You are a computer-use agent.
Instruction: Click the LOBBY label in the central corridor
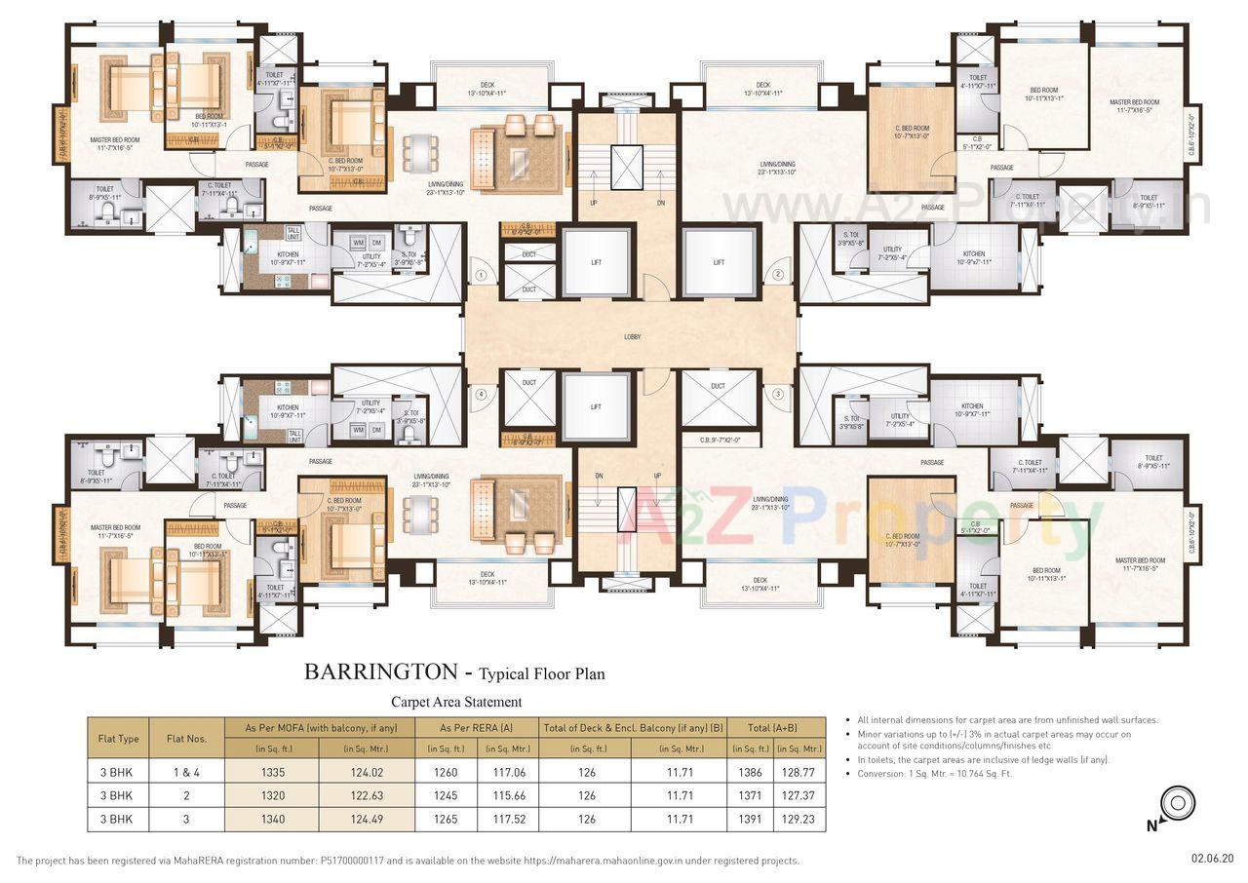click(632, 337)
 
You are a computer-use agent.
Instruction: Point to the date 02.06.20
click(1212, 859)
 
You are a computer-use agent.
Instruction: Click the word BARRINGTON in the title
click(380, 672)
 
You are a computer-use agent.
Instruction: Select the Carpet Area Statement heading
click(456, 702)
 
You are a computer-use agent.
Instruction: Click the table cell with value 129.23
click(799, 820)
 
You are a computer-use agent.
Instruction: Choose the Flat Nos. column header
click(187, 739)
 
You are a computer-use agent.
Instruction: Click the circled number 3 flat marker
click(778, 394)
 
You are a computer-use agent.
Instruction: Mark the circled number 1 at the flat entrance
click(481, 276)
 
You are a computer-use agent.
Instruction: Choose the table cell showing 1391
click(749, 820)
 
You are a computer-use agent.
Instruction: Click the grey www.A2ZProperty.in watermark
click(965, 207)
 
